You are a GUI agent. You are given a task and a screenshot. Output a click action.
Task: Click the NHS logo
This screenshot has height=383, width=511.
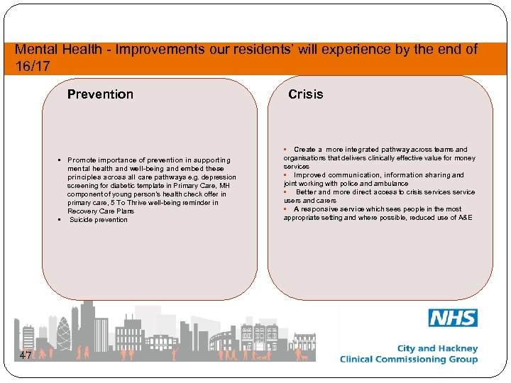click(453, 318)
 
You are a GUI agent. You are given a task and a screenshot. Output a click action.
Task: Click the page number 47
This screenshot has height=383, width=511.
click(25, 355)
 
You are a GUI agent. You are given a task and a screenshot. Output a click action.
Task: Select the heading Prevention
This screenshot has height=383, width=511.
click(100, 94)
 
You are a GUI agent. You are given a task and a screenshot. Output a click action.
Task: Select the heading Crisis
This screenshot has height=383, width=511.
click(305, 94)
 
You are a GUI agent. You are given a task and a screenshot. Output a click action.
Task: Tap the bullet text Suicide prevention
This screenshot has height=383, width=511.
click(99, 220)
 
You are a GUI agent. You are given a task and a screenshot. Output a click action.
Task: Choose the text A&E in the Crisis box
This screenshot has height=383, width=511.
click(465, 218)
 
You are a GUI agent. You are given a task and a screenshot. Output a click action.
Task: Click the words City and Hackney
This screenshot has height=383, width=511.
click(437, 348)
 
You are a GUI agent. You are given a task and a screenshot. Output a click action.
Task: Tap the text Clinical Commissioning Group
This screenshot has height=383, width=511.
click(409, 360)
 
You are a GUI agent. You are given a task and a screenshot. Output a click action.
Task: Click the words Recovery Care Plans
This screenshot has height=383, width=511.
click(100, 211)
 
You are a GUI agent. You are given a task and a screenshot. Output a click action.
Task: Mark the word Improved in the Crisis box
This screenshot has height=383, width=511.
click(309, 175)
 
